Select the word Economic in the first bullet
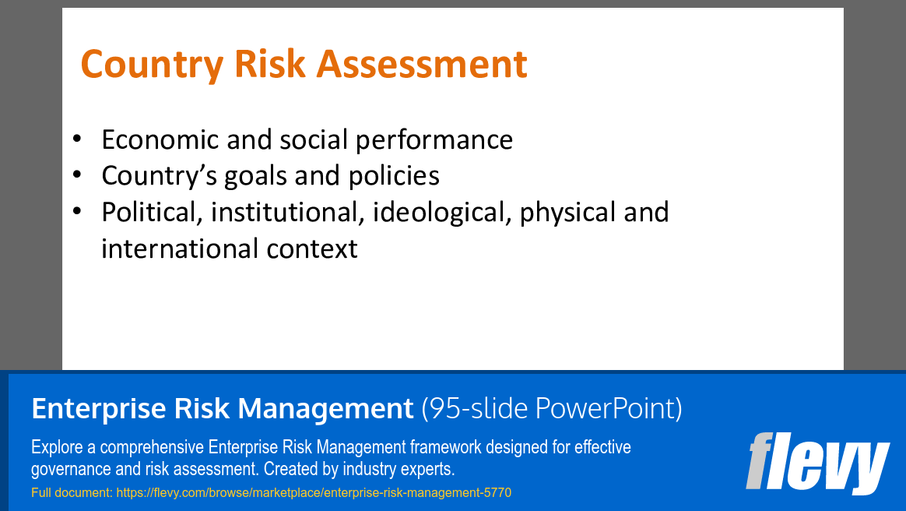click(x=160, y=139)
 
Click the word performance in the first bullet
click(x=434, y=139)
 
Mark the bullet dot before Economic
click(x=76, y=139)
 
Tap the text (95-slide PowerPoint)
click(x=551, y=408)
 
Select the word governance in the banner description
click(x=65, y=470)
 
